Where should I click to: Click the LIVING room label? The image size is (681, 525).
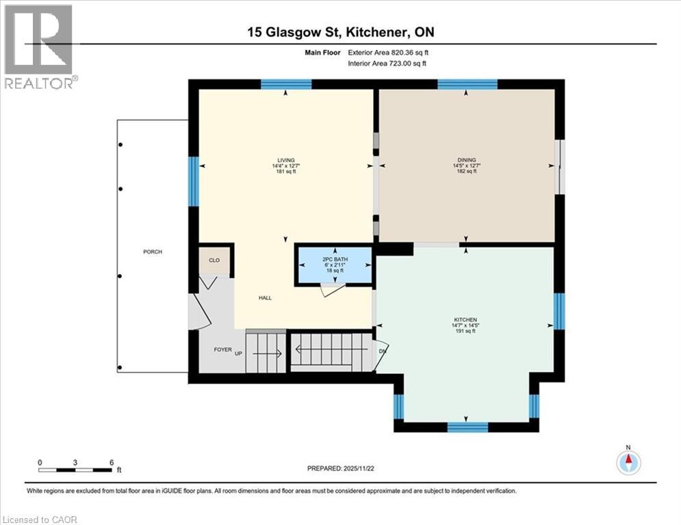pyautogui.click(x=277, y=160)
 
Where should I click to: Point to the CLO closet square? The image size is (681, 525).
pyautogui.click(x=214, y=260)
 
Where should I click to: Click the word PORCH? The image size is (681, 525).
pyautogui.click(x=152, y=252)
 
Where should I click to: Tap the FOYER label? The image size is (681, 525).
pyautogui.click(x=222, y=349)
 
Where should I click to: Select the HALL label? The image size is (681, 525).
pyautogui.click(x=266, y=298)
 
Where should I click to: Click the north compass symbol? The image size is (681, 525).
pyautogui.click(x=628, y=462)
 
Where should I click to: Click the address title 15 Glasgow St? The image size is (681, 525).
pyautogui.click(x=340, y=32)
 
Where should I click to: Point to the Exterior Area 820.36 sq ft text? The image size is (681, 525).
pyautogui.click(x=389, y=53)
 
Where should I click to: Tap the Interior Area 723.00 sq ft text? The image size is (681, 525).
pyautogui.click(x=388, y=64)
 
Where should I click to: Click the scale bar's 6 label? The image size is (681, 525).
pyautogui.click(x=111, y=462)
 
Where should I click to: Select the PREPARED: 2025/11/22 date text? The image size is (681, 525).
pyautogui.click(x=342, y=468)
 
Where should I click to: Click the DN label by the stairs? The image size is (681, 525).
pyautogui.click(x=382, y=351)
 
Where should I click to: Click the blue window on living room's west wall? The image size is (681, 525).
pyautogui.click(x=194, y=181)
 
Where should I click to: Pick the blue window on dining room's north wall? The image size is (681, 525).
pyautogui.click(x=467, y=84)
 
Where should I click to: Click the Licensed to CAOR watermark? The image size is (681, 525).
pyautogui.click(x=40, y=520)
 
